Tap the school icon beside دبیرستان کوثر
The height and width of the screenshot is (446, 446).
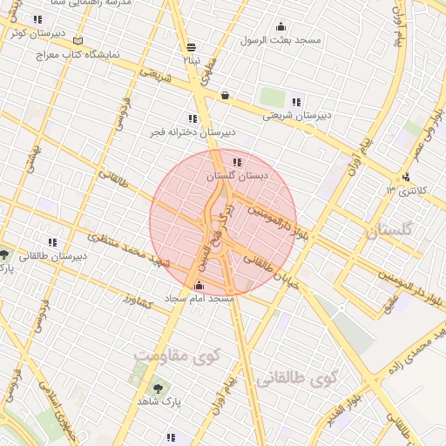[37, 19]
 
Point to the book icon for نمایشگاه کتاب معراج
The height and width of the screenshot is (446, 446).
[78, 41]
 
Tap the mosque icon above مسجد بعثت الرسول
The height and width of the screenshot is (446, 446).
[280, 27]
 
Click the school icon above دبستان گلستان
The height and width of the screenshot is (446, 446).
[237, 161]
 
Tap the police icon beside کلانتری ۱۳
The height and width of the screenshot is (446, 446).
[407, 177]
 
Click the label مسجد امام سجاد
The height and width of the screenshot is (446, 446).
[200, 299]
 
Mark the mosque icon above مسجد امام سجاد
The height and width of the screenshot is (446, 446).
[199, 286]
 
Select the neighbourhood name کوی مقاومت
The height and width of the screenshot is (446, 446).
[178, 355]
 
